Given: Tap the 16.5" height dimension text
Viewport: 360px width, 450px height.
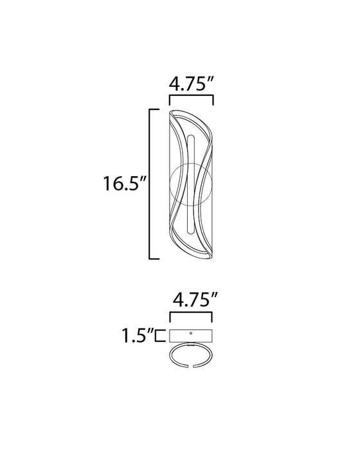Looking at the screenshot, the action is pyautogui.click(x=125, y=183).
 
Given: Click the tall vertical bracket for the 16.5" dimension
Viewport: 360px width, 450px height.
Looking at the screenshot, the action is pyautogui.click(x=150, y=184).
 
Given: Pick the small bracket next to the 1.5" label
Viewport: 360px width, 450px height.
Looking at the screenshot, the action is pyautogui.click(x=160, y=336).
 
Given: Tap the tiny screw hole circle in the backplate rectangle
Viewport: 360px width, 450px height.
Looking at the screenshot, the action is pyautogui.click(x=191, y=333).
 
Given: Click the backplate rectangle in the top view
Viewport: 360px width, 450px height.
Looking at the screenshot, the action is pyautogui.click(x=191, y=336).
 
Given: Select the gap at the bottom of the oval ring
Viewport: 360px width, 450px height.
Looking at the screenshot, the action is pyautogui.click(x=191, y=366).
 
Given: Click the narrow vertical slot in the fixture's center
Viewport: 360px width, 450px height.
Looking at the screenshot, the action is pyautogui.click(x=191, y=184).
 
